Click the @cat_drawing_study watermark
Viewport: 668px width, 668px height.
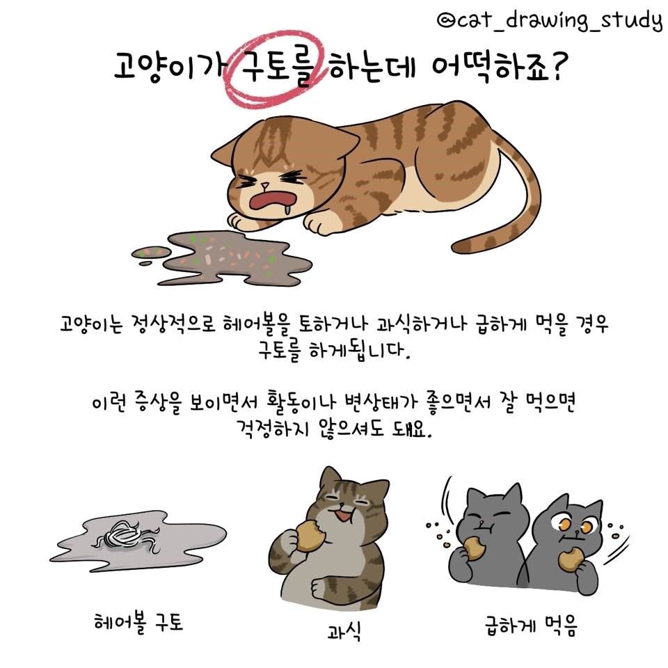click(x=549, y=21)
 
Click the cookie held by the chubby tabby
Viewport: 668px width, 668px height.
click(x=306, y=536)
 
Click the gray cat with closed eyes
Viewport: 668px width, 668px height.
click(x=490, y=536)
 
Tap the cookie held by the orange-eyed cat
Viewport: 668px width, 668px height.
click(x=571, y=557)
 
